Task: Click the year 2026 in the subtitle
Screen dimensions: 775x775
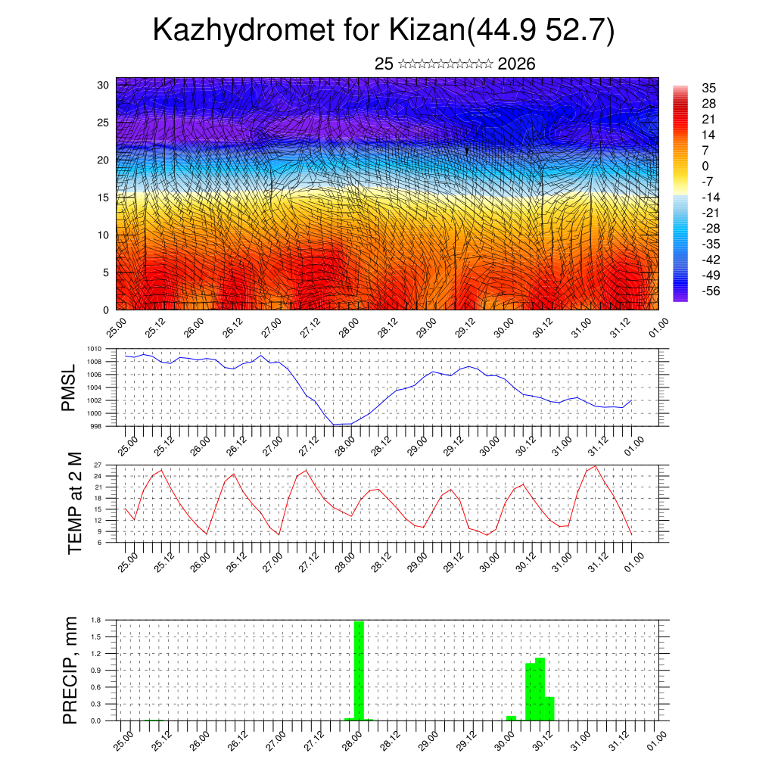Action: coord(517,64)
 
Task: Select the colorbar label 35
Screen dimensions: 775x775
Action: coord(710,89)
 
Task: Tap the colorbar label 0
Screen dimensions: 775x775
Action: coord(705,166)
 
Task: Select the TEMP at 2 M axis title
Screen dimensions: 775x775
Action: coord(75,503)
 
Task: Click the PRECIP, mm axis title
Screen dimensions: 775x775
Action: coord(70,669)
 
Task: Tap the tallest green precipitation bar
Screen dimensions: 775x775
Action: coord(359,670)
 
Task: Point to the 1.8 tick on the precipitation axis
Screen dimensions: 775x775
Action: coord(97,620)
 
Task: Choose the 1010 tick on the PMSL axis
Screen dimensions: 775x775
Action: coord(95,349)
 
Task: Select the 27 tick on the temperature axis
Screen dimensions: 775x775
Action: coord(98,465)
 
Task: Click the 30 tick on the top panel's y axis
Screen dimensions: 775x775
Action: coord(103,85)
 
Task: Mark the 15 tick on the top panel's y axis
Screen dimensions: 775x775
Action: coord(103,198)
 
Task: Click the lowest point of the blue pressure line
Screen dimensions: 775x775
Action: coord(334,425)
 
